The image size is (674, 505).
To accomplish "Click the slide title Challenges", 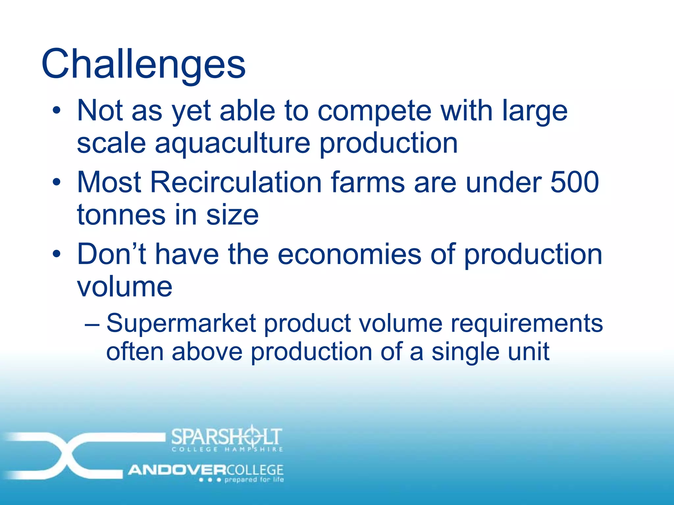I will point(143,64).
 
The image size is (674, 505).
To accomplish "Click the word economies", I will point(349,254).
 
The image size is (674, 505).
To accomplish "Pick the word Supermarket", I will point(181,323).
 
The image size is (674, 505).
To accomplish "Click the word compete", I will point(374,111).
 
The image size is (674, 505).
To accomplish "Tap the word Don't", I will point(112,254).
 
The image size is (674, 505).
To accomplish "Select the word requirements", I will point(527,323).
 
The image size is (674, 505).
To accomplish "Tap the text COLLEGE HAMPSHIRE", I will point(227,449).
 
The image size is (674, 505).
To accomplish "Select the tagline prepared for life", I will point(254,480).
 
